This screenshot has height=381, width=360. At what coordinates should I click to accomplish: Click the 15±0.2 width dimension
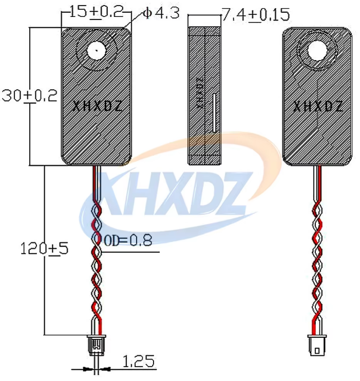point(97,12)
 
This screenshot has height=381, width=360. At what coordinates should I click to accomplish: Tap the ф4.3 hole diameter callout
point(161,13)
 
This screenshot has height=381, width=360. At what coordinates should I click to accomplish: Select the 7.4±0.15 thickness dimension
point(256,14)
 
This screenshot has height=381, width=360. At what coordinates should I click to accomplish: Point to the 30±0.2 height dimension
point(29,96)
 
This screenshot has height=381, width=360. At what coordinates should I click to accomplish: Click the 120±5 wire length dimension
point(44,249)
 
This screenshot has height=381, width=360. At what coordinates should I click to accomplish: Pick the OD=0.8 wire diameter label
point(128,240)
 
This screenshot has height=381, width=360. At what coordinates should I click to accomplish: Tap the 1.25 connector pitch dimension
point(138,361)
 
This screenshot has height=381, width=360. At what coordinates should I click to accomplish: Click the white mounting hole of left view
point(97,51)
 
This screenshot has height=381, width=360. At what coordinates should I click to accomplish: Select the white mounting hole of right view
point(317,50)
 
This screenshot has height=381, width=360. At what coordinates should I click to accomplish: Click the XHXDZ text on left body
point(97,106)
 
